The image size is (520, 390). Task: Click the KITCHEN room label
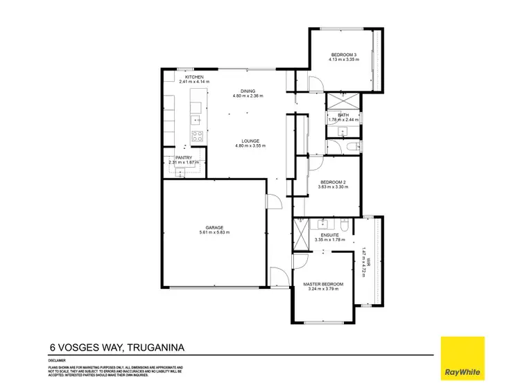tap(193, 77)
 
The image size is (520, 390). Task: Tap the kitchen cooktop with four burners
tap(197, 136)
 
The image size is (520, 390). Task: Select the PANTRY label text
tap(183, 157)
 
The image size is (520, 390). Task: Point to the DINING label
tap(248, 91)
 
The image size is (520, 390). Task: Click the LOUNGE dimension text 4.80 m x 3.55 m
tap(250, 146)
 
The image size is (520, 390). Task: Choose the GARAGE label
tap(214, 227)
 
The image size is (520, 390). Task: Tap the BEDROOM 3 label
tap(343, 55)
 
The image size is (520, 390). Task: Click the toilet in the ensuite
tap(345, 226)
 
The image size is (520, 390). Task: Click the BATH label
tap(343, 115)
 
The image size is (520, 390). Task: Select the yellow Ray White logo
tap(464, 357)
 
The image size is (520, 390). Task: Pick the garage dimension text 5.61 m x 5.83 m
tap(214, 232)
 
